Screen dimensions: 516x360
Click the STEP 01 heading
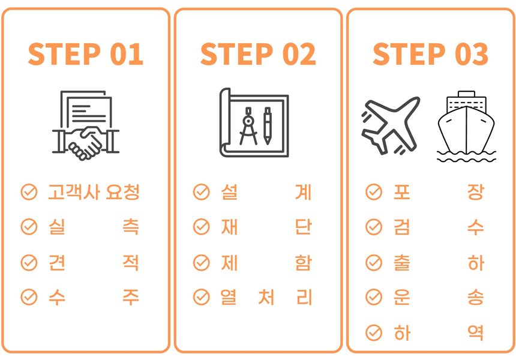[x=86, y=54]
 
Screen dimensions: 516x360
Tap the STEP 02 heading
[x=258, y=54]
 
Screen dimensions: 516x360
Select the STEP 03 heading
[x=430, y=54]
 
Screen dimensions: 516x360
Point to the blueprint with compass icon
[x=254, y=122]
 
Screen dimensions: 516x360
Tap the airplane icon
[x=391, y=126]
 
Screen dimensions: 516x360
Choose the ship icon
[x=466, y=127]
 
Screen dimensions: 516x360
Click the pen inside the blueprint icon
[x=268, y=126]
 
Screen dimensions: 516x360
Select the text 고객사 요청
[x=94, y=192]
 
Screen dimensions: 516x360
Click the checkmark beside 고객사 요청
[x=29, y=192]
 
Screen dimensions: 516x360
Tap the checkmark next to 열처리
[x=202, y=297]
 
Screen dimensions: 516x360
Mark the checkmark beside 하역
[x=374, y=332]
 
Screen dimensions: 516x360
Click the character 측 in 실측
[x=131, y=227]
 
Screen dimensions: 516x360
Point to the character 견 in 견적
[x=56, y=262]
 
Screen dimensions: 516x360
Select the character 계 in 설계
[x=303, y=192]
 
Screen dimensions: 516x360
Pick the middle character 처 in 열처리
[x=266, y=297]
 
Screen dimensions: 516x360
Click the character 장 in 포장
[x=476, y=192]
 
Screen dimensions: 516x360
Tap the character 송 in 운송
[x=476, y=297]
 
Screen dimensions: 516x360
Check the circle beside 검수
[x=374, y=227]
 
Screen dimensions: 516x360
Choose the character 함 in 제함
[x=303, y=262]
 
